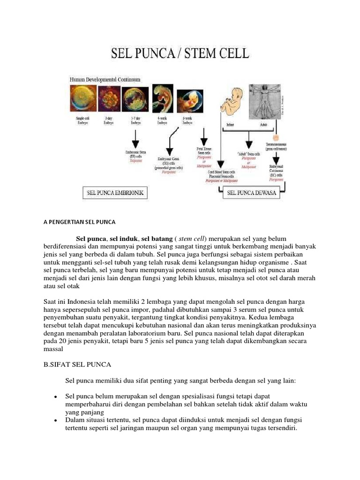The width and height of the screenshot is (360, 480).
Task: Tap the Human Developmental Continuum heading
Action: pos(105,80)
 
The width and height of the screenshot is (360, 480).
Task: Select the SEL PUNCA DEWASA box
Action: pos(252,192)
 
